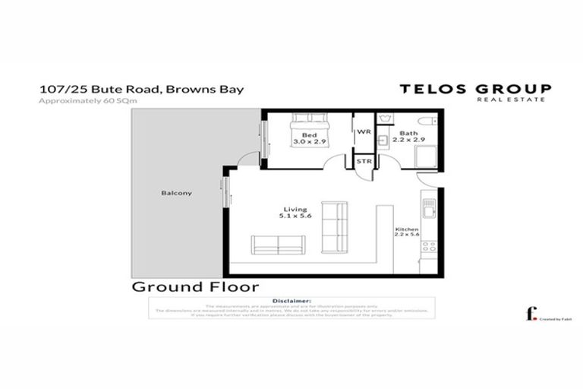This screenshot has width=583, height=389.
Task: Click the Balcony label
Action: [176, 193]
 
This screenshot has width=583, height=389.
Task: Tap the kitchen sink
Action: [429, 207]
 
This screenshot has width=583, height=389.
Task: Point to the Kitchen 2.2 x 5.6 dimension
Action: [406, 232]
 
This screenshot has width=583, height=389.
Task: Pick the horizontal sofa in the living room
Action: [278, 245]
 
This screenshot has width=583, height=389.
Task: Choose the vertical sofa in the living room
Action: [334, 226]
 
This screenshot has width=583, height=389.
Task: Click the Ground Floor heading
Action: [195, 287]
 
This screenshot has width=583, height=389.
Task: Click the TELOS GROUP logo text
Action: [476, 89]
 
